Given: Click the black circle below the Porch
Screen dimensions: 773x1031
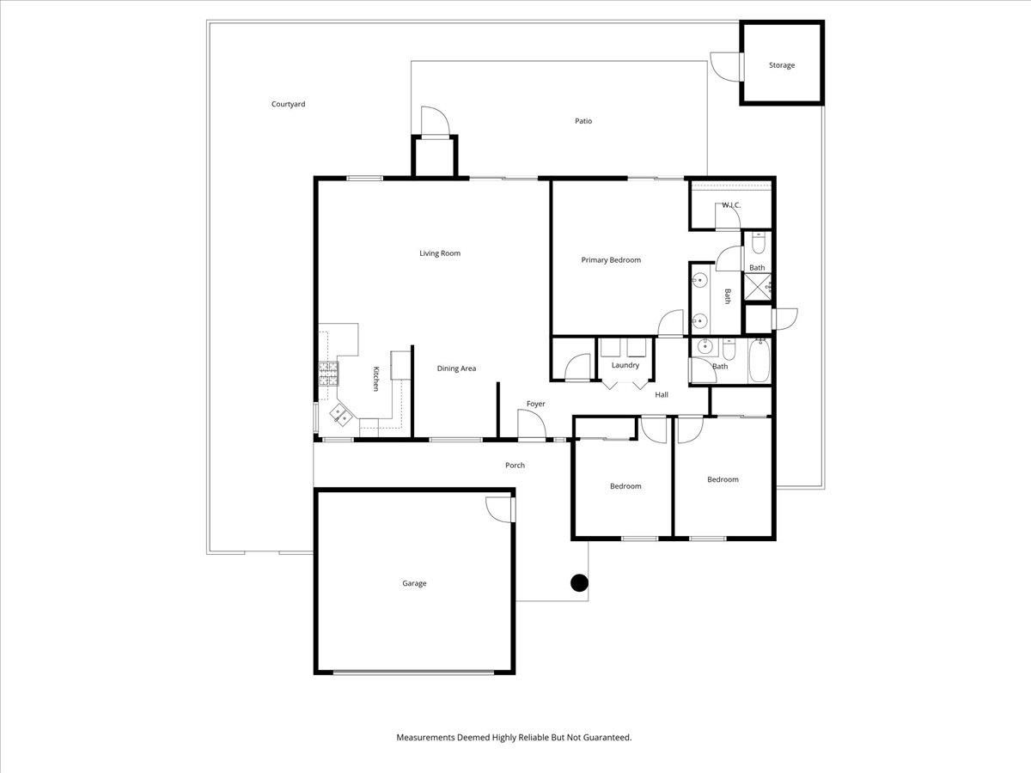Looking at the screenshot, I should (x=580, y=583).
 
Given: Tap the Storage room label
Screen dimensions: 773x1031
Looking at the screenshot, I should (x=781, y=65).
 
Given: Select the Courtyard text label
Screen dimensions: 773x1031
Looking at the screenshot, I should (x=288, y=104).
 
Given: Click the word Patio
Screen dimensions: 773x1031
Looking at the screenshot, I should (x=583, y=121).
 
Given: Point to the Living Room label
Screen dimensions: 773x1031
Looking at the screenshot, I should (x=440, y=253).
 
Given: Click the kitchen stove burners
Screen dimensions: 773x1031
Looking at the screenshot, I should (x=328, y=372).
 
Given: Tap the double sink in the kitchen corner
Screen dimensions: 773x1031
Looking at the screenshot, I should (x=340, y=414).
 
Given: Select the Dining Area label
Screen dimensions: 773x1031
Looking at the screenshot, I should (x=456, y=368).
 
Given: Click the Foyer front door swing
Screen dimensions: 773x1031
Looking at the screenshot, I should (x=530, y=424).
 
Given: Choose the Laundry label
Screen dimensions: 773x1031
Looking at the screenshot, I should (x=625, y=365).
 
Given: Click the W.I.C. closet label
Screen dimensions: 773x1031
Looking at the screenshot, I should (x=731, y=205).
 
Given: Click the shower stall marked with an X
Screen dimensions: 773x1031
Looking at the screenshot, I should (x=757, y=287).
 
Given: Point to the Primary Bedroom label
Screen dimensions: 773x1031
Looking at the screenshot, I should (x=611, y=260).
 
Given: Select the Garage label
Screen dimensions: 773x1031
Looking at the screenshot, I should (x=414, y=583).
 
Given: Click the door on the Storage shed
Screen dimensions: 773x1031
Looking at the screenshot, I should (x=723, y=67).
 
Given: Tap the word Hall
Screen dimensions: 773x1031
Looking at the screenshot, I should (x=662, y=395).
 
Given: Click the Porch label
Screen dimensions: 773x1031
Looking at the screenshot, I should (x=515, y=466).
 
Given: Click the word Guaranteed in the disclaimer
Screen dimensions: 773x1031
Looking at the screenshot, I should (x=607, y=737).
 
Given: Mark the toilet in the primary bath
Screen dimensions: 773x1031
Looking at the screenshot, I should (x=757, y=245).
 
